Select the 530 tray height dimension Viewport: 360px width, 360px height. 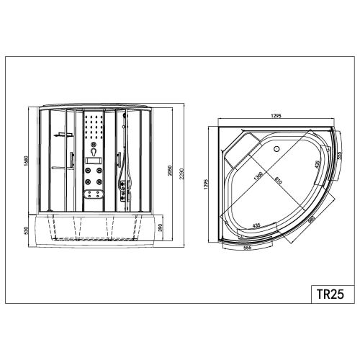(27, 230)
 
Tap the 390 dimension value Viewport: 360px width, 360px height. (161, 229)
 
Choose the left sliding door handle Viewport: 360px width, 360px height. (71, 160)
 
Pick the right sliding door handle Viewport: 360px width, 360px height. (119, 159)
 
